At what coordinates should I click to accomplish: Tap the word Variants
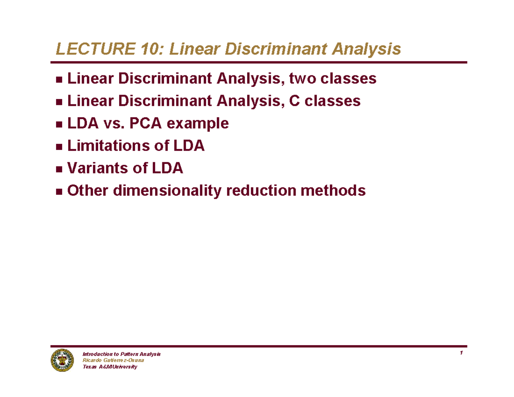click(93, 168)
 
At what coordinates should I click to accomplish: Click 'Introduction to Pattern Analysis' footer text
click(121, 354)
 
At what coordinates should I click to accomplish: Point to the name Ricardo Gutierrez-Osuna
click(113, 361)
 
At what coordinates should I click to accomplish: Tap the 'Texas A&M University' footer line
click(110, 367)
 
